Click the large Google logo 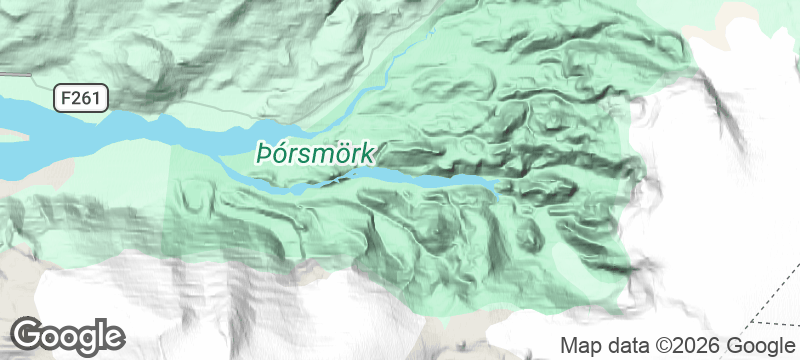pos(69,334)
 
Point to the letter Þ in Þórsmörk pos(264,155)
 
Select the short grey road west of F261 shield pos(14,75)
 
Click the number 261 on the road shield pos(87,97)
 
